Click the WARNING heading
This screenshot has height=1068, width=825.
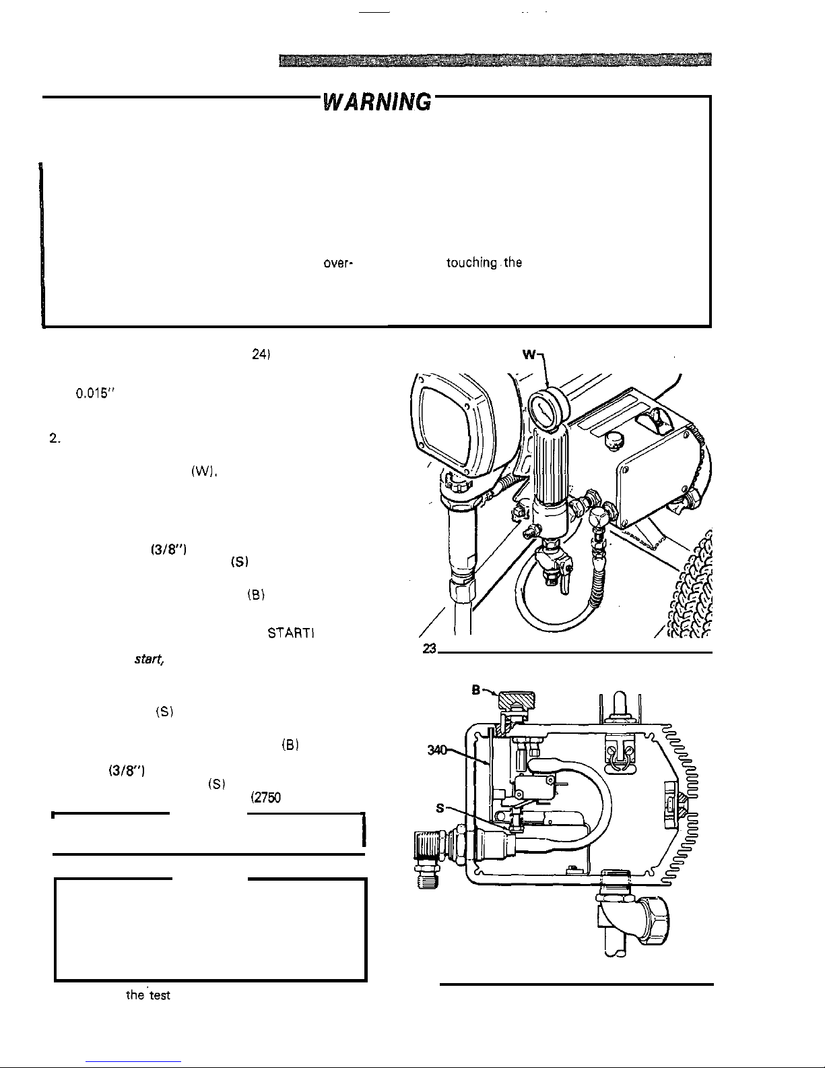377,102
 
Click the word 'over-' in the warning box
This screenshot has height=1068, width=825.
338,263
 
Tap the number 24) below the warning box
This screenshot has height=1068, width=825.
261,354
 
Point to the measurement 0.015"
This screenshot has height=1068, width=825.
95,394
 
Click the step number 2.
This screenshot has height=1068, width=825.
55,439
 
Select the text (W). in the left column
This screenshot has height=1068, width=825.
204,472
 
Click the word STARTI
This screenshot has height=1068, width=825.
291,633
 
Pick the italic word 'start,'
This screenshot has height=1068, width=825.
150,659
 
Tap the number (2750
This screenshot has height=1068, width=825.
265,797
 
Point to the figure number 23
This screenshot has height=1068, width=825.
429,649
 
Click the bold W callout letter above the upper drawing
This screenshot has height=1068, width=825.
529,354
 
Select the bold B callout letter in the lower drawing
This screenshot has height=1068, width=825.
475,690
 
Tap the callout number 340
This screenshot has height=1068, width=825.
437,750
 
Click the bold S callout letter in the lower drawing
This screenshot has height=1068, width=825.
440,808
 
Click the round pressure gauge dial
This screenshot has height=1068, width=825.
548,408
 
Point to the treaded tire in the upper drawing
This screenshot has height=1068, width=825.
691,585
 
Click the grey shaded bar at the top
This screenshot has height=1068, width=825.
495,60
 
